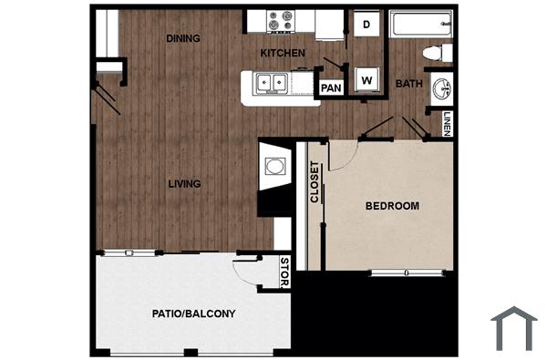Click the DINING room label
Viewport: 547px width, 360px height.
pos(183,38)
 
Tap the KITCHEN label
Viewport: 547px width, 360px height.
pos(282,54)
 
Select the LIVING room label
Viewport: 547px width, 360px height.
pos(184,183)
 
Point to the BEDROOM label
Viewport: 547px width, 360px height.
pos(392,206)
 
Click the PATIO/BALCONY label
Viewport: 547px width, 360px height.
pos(193,314)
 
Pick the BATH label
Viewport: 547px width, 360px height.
pos(408,84)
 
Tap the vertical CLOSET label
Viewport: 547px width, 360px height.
pos(315,181)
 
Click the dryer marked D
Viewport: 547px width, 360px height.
pos(367,26)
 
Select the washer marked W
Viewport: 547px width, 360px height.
pos(367,80)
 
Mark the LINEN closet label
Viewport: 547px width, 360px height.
pos(447,123)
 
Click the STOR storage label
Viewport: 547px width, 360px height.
pos(284,272)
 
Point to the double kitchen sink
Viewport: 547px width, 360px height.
pos(271,84)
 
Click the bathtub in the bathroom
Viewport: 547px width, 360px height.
pos(420,24)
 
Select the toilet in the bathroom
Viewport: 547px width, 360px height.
pos(441,53)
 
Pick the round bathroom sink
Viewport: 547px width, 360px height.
pos(442,89)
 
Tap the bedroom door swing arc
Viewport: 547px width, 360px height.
pos(342,158)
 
